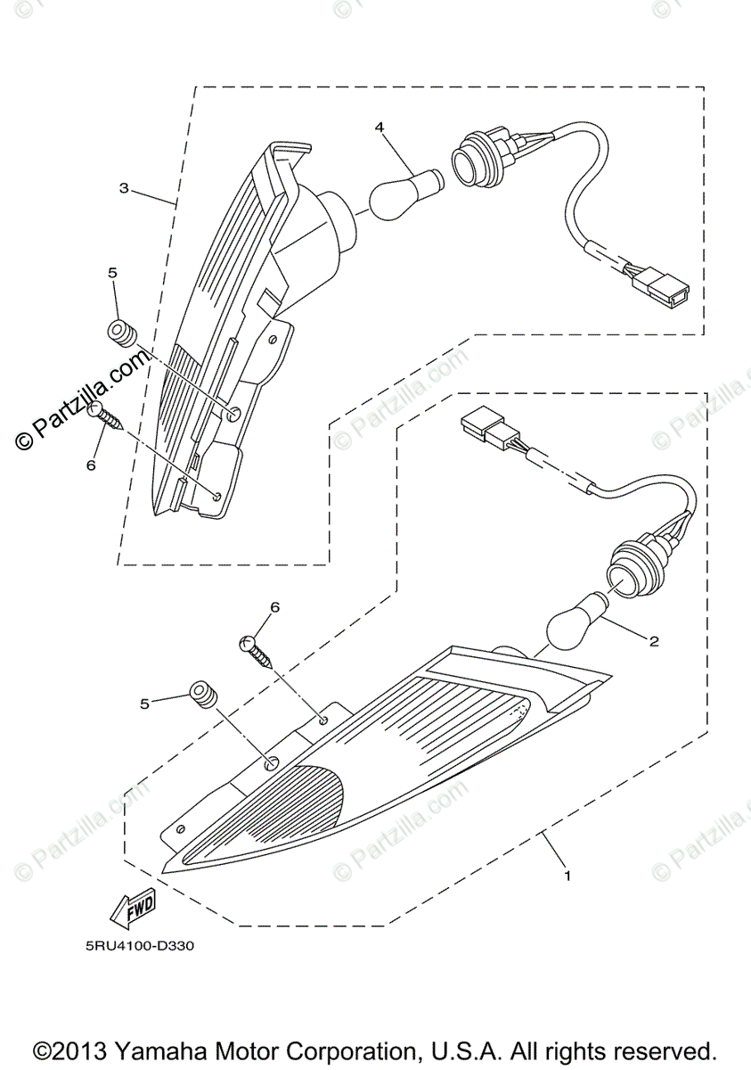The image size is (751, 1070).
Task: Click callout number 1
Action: tap(567, 877)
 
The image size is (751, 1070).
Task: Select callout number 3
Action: tap(124, 188)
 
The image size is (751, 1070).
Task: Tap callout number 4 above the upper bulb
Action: tap(380, 128)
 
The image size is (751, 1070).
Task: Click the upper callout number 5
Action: tap(113, 272)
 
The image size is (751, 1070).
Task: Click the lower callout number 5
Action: tap(144, 704)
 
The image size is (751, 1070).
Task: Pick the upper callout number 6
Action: tap(90, 465)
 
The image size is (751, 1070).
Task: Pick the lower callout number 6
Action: tap(274, 607)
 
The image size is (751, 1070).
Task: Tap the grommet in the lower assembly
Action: tap(202, 695)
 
